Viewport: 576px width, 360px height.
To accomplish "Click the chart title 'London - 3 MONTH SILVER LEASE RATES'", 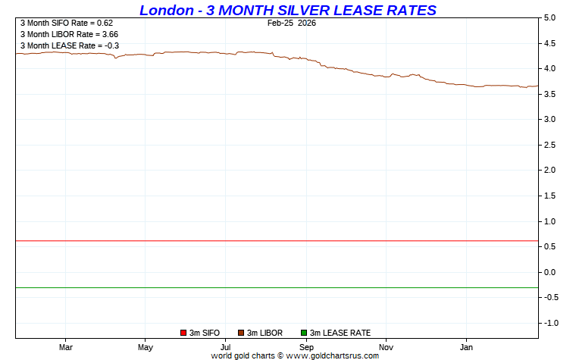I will coord(288,10).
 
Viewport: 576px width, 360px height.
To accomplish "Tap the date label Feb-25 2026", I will coord(291,23).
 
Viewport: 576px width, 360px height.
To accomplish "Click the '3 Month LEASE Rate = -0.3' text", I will coord(69,45).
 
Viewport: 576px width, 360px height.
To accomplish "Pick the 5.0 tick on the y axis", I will coord(550,17).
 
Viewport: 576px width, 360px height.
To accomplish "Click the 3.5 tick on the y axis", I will coord(550,94).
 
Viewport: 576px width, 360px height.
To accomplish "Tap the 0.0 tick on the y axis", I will coord(550,272).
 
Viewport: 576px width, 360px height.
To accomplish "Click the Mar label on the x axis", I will coord(65,347).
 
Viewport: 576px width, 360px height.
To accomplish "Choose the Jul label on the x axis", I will coord(225,347).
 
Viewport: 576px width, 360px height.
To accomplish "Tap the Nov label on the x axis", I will coord(386,347).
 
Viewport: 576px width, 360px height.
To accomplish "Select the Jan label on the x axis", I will coord(466,347).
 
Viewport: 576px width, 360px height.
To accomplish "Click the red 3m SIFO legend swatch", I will coord(183,333).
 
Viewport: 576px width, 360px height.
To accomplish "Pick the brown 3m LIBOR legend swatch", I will coord(241,333).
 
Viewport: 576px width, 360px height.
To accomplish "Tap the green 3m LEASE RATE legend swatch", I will coord(303,333).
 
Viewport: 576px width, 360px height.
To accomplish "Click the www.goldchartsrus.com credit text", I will coord(331,355).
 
